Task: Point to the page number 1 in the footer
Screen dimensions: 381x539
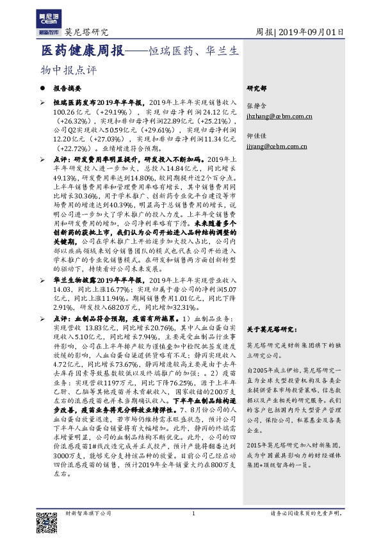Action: tap(193, 513)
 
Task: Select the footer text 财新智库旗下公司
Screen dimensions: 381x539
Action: tap(88, 513)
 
